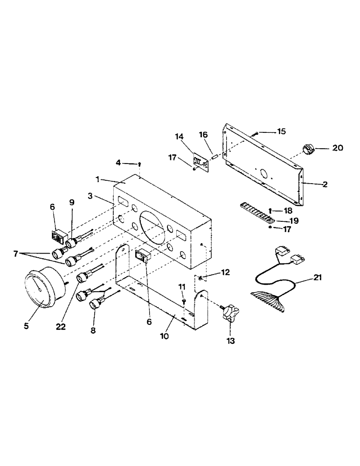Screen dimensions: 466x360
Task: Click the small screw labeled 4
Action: click(139, 164)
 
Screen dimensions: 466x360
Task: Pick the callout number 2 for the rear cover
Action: click(325, 185)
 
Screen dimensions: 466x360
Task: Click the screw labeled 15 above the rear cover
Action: click(255, 134)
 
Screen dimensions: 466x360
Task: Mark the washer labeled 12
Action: click(200, 278)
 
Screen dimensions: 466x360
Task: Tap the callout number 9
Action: click(71, 203)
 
